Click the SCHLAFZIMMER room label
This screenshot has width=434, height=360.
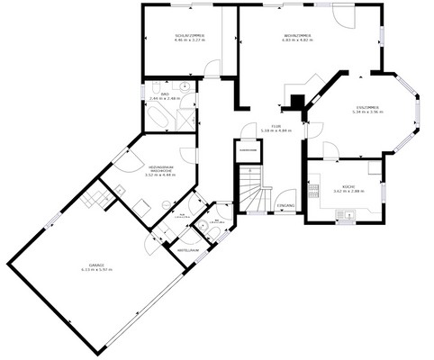click(x=190, y=35)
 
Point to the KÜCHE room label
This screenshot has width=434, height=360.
click(x=348, y=186)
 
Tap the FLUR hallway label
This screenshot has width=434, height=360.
click(x=276, y=126)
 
